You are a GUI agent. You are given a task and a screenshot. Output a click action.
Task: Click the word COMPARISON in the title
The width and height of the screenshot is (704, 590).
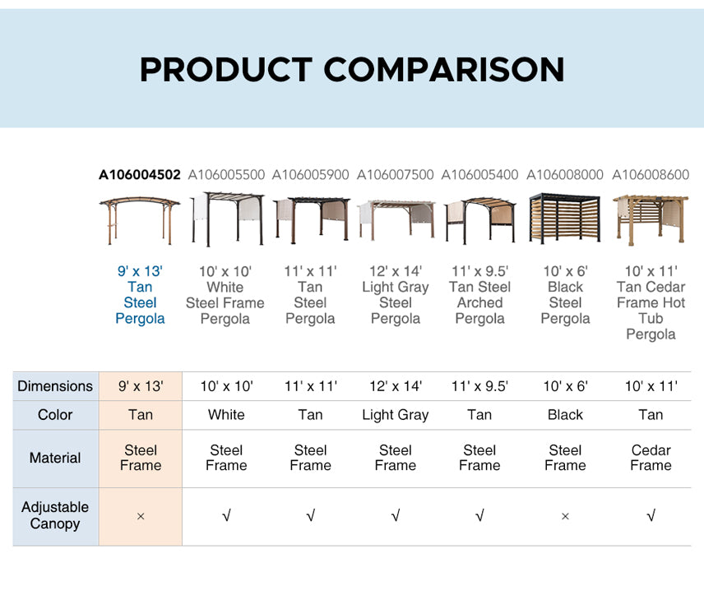coord(443,70)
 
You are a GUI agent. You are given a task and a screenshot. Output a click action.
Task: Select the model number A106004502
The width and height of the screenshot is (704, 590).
coord(140,174)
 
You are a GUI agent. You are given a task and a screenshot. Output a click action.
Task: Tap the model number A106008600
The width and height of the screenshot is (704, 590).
coord(651,174)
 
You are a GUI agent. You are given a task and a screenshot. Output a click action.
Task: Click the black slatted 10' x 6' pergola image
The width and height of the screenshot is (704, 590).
coord(565,219)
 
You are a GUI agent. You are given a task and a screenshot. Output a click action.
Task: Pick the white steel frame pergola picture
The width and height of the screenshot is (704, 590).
coord(227,219)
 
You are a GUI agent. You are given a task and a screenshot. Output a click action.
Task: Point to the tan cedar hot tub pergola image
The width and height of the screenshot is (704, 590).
coord(651,220)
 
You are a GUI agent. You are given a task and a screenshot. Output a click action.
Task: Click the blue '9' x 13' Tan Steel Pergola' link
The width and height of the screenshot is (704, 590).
coord(140,295)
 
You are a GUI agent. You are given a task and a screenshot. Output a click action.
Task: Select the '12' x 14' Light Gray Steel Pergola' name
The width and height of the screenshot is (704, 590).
coord(396,295)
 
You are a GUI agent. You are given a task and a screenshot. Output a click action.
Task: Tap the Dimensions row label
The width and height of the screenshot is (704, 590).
coord(55,386)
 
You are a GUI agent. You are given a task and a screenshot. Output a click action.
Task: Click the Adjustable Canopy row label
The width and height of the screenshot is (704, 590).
coord(55,515)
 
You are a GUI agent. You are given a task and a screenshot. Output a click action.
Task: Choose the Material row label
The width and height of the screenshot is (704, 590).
coord(55,458)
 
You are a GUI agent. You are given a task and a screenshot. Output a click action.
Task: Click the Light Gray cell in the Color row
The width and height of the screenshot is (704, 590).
coord(396,415)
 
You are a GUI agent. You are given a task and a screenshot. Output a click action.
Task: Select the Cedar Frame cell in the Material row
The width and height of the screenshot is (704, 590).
coord(651,458)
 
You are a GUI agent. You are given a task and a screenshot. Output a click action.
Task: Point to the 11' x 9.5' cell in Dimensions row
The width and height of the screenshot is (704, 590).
coord(479,386)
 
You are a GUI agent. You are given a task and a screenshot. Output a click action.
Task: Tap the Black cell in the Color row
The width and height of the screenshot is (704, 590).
coord(565,415)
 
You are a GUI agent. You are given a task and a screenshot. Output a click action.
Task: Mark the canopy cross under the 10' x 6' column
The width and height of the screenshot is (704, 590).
coord(565,516)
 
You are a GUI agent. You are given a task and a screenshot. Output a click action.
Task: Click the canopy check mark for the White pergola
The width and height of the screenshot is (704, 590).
coord(226,515)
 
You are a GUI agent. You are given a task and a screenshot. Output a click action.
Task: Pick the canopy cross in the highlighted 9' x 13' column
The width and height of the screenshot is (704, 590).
coord(141,516)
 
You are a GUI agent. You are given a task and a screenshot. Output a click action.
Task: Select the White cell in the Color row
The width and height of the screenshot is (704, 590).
coord(226,415)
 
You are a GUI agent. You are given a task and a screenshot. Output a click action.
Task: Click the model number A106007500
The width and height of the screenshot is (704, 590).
coord(395,174)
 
